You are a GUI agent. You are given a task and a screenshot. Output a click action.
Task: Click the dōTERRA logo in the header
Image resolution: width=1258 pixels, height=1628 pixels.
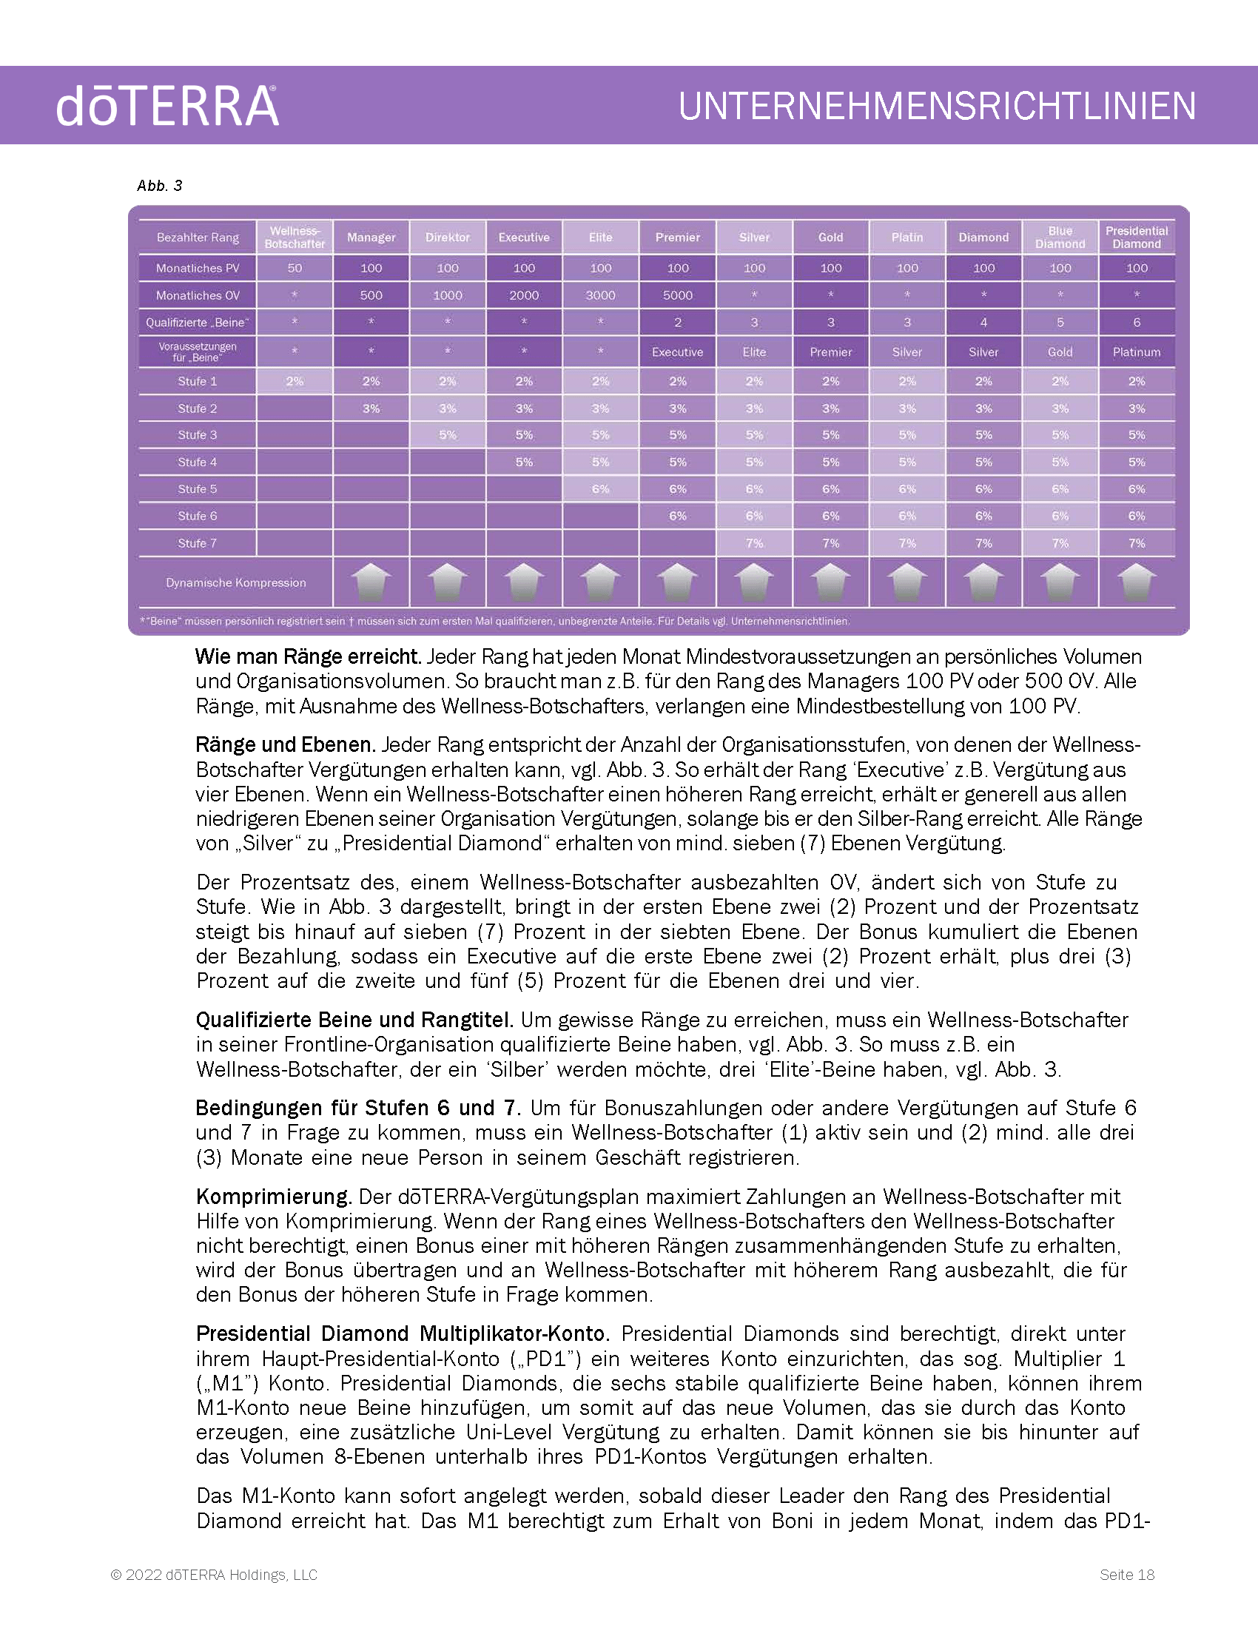click(167, 106)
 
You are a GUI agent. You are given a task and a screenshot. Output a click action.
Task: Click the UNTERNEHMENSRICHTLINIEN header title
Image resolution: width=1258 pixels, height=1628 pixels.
click(937, 106)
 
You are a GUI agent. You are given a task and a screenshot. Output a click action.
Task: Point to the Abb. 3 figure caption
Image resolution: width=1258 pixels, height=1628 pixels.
click(160, 186)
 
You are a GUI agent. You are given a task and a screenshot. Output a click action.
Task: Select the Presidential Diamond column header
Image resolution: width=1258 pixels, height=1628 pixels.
click(1137, 237)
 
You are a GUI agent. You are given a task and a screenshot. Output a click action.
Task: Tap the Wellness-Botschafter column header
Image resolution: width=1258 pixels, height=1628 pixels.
click(295, 237)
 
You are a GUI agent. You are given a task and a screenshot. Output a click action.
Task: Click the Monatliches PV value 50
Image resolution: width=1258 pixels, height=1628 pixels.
click(295, 269)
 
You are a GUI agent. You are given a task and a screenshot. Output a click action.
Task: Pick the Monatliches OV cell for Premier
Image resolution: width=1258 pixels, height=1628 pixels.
click(677, 295)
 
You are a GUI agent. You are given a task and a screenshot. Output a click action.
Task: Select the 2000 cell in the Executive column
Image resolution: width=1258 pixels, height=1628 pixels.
click(524, 295)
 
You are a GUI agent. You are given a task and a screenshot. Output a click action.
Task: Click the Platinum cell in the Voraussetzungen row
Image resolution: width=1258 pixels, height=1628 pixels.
click(1137, 351)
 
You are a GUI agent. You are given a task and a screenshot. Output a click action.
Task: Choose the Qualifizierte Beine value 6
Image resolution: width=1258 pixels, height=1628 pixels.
click(1137, 323)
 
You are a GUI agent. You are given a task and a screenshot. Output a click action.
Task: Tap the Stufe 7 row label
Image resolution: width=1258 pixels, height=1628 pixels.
click(198, 543)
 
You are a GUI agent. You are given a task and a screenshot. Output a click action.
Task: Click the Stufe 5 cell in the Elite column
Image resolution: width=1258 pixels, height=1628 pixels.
click(601, 489)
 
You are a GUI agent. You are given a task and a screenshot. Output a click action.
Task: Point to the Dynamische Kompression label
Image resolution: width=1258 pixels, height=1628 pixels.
click(235, 583)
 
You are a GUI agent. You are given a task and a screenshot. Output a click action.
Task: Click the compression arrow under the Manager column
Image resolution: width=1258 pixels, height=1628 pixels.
click(371, 582)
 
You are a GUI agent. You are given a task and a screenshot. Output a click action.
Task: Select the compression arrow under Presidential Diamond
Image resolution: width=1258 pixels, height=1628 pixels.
click(1137, 582)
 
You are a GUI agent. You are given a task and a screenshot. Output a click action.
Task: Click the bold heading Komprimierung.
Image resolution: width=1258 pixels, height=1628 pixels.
click(274, 1197)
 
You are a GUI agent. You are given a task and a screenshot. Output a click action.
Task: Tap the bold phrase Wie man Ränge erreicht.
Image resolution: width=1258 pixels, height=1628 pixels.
click(308, 656)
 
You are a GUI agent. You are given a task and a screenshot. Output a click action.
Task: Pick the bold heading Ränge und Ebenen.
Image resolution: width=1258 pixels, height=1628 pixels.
click(286, 744)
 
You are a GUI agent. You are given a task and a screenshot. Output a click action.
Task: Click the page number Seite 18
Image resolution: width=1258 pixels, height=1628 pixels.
click(1127, 1574)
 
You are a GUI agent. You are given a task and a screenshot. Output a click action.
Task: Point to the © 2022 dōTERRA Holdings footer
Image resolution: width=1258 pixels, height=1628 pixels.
click(214, 1574)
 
